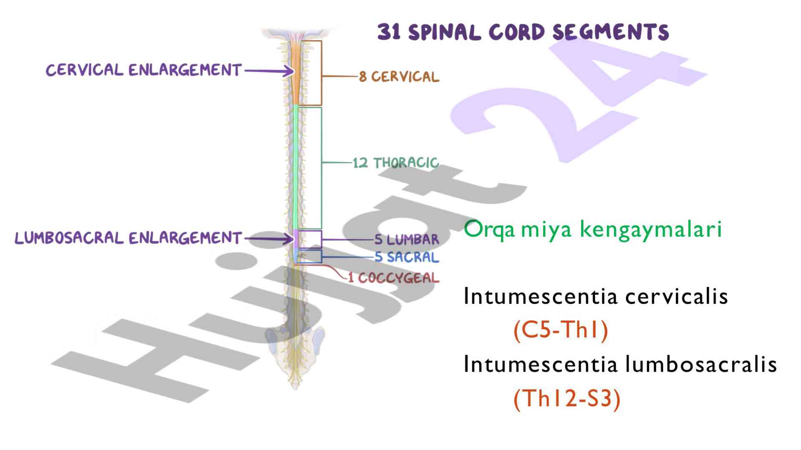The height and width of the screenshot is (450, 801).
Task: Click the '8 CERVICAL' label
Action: click(x=399, y=77)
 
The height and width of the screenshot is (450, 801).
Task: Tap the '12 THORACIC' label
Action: click(x=395, y=162)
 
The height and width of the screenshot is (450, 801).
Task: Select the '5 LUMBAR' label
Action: click(x=407, y=240)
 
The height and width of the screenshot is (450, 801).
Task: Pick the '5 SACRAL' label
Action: click(x=407, y=257)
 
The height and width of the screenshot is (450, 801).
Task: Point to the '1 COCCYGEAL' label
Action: click(x=394, y=277)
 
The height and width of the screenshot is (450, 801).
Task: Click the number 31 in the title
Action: click(x=390, y=32)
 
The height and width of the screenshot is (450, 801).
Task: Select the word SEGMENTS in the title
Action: click(x=611, y=32)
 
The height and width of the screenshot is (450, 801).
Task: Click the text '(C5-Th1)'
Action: click(x=561, y=330)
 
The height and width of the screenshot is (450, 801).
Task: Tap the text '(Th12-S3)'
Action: click(x=567, y=398)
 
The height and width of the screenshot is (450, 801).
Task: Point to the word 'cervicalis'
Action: click(x=677, y=297)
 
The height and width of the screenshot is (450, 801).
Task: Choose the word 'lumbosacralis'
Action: click(x=701, y=364)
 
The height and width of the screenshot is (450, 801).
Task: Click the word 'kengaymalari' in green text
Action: click(x=651, y=229)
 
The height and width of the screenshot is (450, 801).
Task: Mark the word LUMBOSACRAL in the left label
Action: click(x=69, y=238)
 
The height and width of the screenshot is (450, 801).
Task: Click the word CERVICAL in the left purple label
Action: click(x=85, y=70)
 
